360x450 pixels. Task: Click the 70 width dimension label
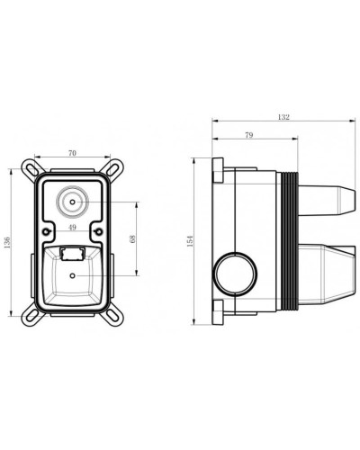(x=70, y=155)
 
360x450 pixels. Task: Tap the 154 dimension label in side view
(x=190, y=243)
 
